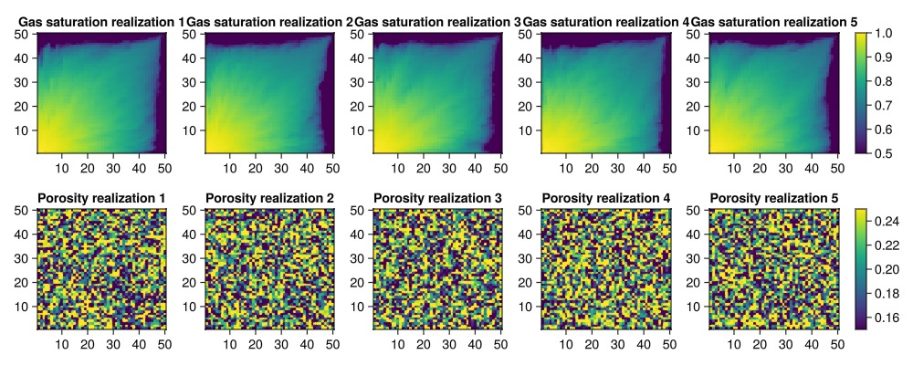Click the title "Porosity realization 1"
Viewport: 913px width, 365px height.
pos(101,198)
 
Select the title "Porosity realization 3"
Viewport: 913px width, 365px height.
pos(437,198)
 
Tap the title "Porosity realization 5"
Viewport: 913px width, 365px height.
pos(773,198)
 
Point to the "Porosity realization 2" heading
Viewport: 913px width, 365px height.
pos(269,198)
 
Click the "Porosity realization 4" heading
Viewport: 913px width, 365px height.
pos(605,198)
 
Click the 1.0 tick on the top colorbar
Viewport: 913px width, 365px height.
pos(883,34)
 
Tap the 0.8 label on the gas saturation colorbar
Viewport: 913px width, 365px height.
pos(883,81)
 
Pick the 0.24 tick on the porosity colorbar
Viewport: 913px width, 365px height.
pos(887,222)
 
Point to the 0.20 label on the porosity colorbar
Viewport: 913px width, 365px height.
pos(887,270)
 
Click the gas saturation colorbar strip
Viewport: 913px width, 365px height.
pos(860,92)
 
